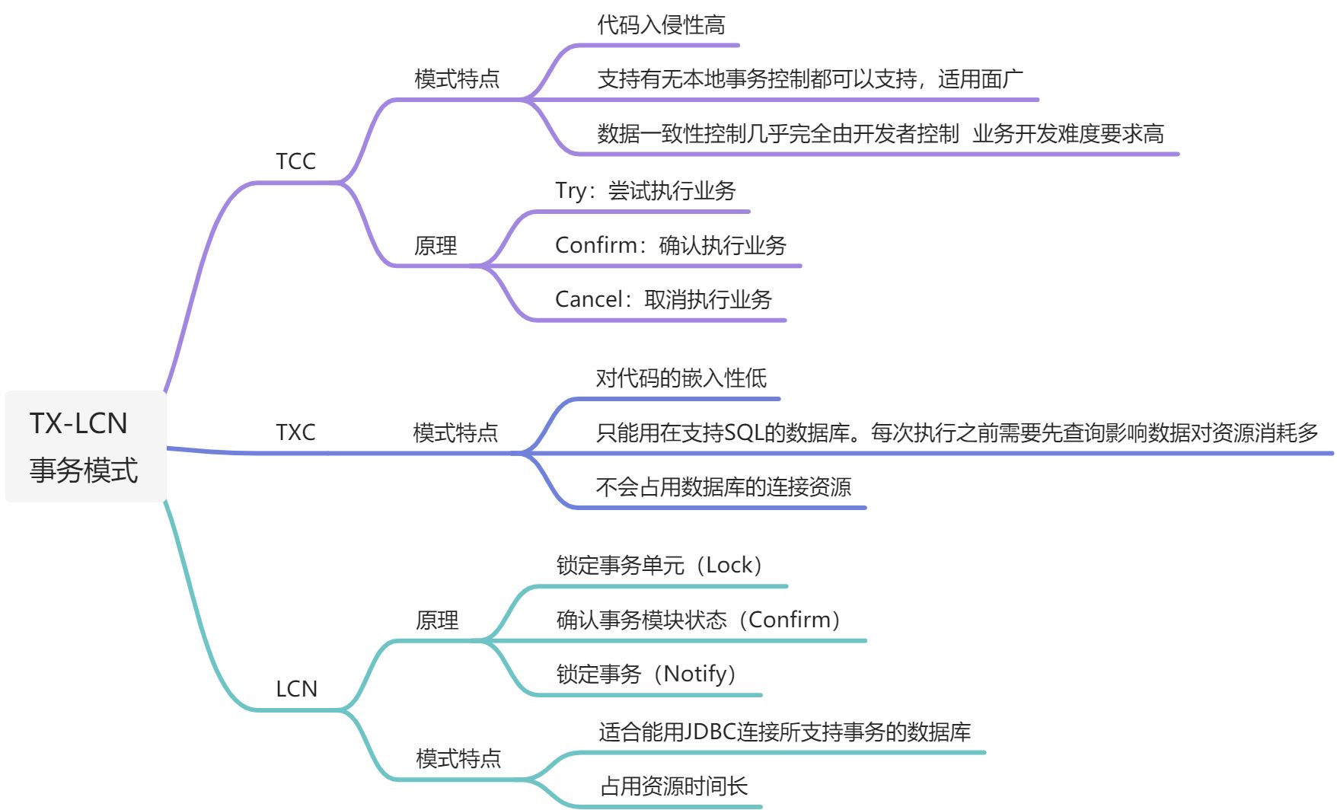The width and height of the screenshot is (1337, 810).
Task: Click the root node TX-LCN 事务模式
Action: [x=84, y=446]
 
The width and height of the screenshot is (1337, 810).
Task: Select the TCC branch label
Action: [x=295, y=161]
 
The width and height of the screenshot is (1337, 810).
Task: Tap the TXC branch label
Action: [x=295, y=432]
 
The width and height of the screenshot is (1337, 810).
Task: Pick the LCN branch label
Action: [x=296, y=689]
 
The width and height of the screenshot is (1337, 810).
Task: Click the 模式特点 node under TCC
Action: [x=457, y=79]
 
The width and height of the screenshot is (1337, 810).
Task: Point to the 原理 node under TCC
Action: [x=436, y=246]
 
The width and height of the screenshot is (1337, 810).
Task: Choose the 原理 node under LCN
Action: [x=437, y=620]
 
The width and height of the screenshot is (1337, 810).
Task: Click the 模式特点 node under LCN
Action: [x=458, y=758]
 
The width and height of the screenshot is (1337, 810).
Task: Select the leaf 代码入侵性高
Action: [x=661, y=25]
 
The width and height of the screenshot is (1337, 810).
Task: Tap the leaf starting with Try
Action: [x=646, y=191]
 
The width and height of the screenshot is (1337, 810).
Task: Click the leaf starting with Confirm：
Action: [x=670, y=245]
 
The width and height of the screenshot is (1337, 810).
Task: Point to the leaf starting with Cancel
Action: [x=663, y=299]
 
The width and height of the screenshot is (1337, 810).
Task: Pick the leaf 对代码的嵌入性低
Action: [x=681, y=378]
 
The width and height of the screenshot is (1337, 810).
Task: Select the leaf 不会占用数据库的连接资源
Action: [x=723, y=486]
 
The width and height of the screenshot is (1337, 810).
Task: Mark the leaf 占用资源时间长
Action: [x=674, y=786]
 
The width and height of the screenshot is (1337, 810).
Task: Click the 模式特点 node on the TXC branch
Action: [x=455, y=432]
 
